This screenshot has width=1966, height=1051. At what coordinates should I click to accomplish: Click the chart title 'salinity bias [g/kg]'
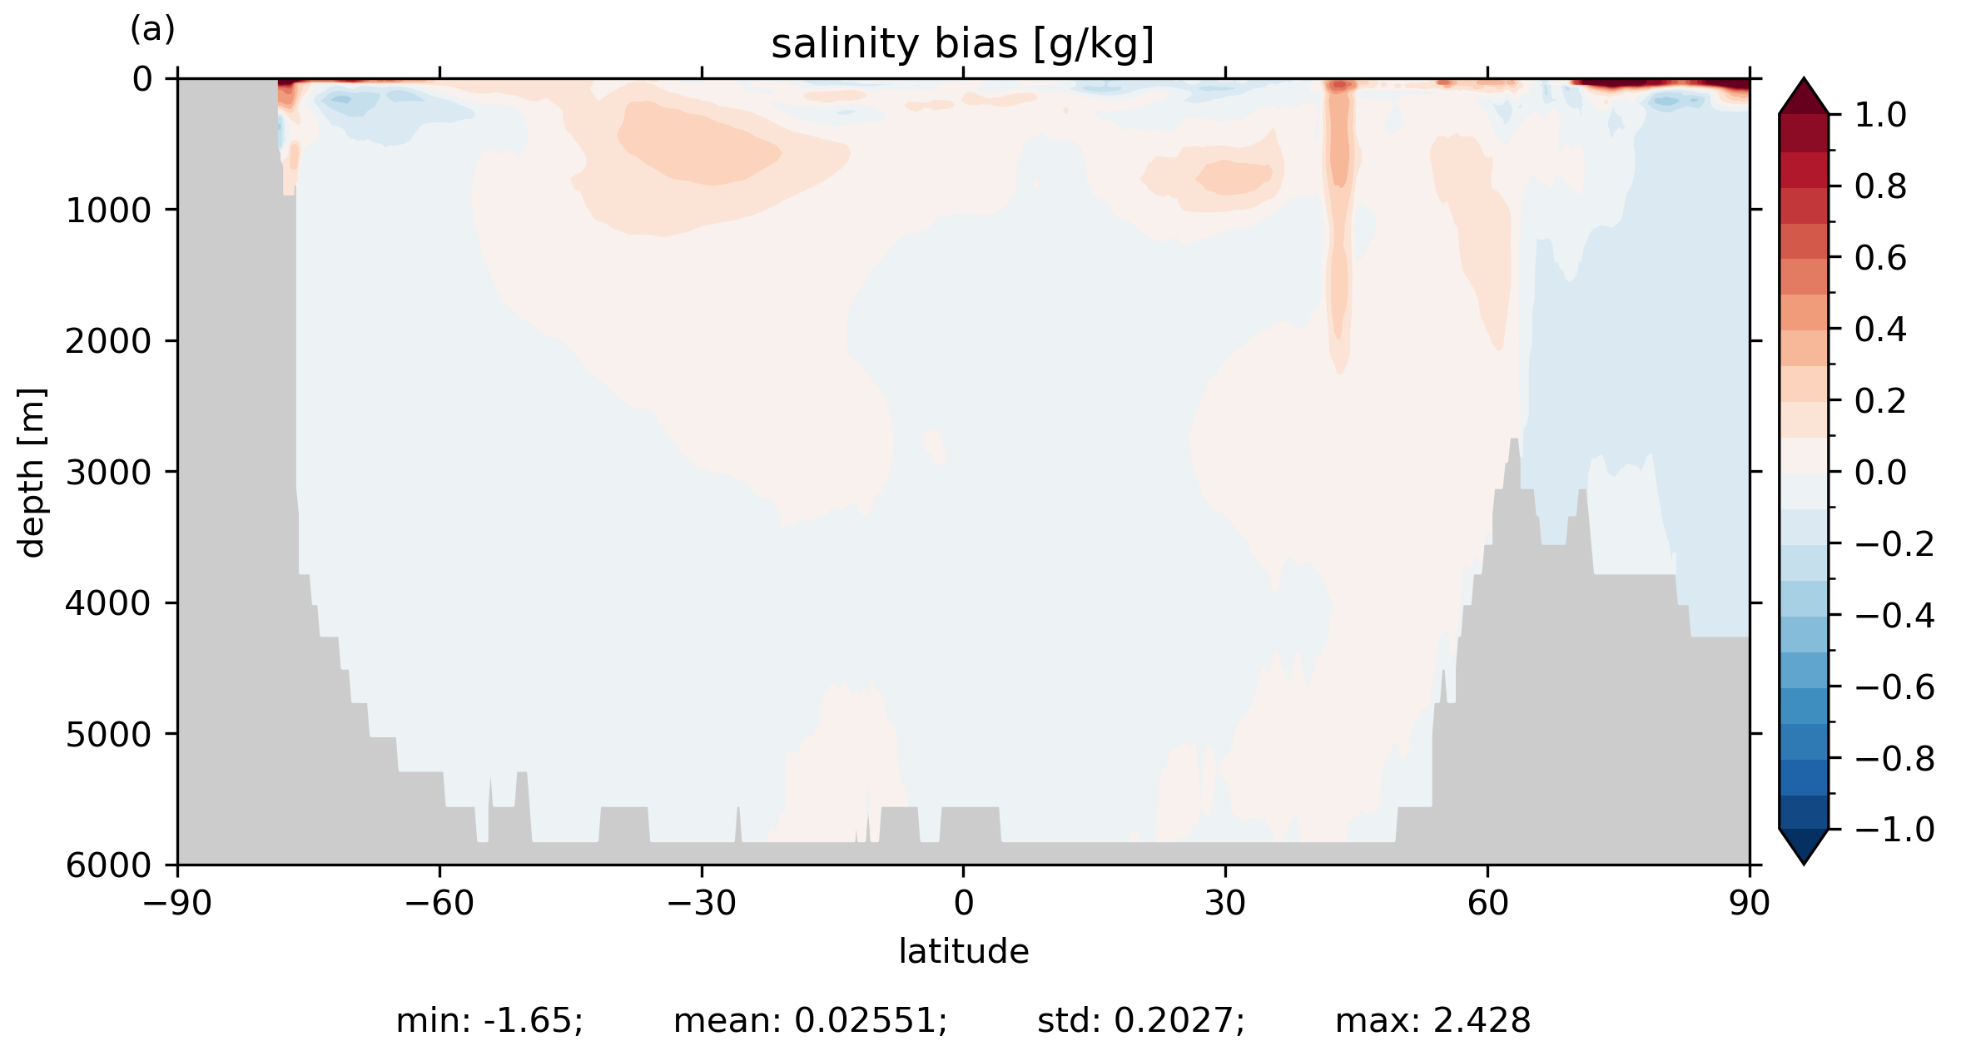(x=962, y=44)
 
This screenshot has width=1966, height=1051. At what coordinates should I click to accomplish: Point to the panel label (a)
(x=152, y=30)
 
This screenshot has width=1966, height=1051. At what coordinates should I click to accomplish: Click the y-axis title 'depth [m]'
(x=32, y=472)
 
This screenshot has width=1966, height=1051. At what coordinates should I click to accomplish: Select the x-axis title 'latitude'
(x=963, y=951)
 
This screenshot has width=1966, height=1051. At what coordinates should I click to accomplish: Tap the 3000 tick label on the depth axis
(x=108, y=472)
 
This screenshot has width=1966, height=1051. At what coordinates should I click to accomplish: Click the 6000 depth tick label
(x=108, y=865)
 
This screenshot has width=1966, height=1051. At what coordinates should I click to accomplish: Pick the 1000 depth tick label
(x=108, y=211)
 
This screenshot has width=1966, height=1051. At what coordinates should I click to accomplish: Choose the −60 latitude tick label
(x=439, y=903)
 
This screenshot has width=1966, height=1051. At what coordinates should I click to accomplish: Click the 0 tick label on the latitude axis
(x=963, y=903)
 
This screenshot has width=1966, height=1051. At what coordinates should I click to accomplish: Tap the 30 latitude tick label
(x=1225, y=903)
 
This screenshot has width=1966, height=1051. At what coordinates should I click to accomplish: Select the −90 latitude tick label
(x=177, y=903)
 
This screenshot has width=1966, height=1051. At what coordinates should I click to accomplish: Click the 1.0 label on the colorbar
(x=1880, y=115)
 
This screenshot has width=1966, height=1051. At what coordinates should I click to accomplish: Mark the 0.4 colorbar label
(x=1880, y=330)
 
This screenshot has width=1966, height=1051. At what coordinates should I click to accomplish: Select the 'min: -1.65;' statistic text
(x=489, y=1021)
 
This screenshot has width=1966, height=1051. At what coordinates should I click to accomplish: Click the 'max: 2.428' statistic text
(x=1432, y=1021)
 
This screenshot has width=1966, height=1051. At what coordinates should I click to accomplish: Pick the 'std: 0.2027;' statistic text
(x=1140, y=1021)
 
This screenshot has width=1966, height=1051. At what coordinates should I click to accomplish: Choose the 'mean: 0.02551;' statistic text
(x=810, y=1021)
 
